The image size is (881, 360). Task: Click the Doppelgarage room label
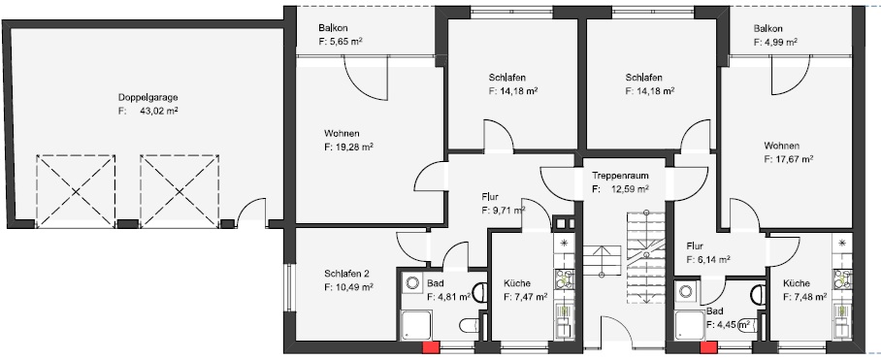coord(147,97)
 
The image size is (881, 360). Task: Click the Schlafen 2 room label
coord(348,274)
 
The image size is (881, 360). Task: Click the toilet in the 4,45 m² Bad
coord(757,293)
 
